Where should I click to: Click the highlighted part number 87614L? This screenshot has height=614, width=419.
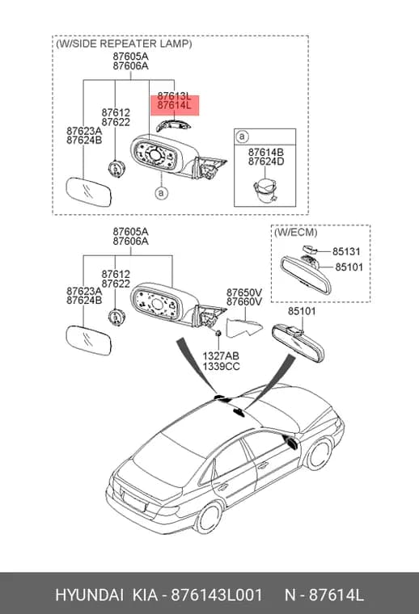click(175, 105)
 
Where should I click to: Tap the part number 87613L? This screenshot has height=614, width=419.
click(175, 96)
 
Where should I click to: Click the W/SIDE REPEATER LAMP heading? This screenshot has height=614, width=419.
click(125, 44)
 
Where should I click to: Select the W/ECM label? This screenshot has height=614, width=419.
click(295, 232)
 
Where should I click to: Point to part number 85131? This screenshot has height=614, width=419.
click(346, 251)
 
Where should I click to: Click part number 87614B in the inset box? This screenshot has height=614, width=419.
click(266, 152)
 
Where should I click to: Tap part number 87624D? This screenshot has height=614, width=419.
click(266, 162)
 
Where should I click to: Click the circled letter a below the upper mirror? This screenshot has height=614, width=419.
click(161, 192)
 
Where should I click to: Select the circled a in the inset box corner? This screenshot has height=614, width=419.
click(242, 137)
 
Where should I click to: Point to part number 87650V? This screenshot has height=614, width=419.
click(244, 292)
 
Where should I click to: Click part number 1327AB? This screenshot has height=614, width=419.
click(221, 356)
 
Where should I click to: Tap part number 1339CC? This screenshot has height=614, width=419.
click(221, 367)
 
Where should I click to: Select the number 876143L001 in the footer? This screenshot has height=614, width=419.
click(217, 595)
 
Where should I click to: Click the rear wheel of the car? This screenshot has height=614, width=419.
click(209, 518)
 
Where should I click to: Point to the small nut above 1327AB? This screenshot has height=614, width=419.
click(218, 333)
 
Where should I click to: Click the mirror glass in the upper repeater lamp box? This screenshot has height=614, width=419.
click(89, 193)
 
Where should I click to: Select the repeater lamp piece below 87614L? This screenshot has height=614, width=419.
click(173, 124)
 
